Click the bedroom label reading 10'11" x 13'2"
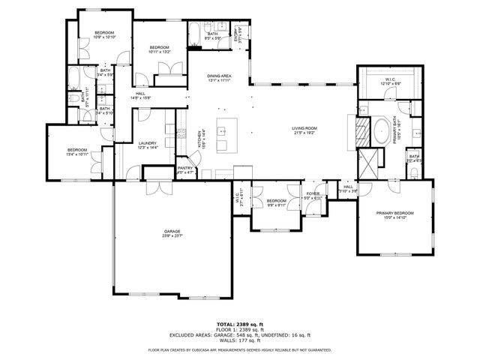point(162,49)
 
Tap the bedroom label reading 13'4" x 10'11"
point(76,151)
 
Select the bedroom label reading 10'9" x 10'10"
point(104,34)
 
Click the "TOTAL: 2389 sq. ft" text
point(239,325)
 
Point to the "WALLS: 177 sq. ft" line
point(239,340)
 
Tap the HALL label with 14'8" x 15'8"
point(141,95)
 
